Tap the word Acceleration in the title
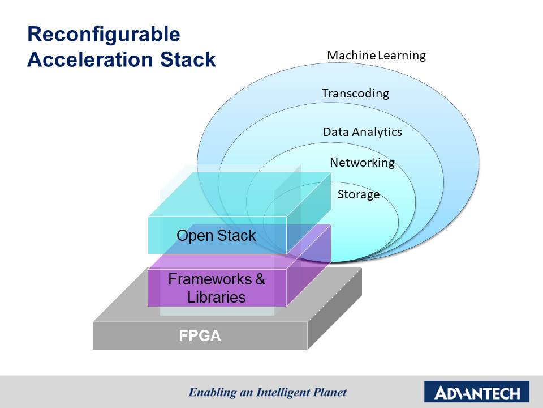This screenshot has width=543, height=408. coord(90,59)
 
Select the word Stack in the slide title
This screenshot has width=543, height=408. coord(188,59)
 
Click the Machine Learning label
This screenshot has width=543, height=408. coord(377,56)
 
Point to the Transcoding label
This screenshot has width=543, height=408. coord(355,93)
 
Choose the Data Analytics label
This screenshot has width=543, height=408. coord(363,132)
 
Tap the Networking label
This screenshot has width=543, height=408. coord(362,163)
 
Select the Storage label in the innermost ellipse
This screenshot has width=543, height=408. coord(359,194)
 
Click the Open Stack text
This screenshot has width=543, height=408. coord(216,236)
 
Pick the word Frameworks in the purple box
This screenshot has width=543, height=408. coord(210,279)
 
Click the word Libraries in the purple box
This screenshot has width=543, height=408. coord(217,297)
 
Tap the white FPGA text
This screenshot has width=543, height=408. coord(200,336)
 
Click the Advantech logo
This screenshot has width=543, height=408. coord(477,392)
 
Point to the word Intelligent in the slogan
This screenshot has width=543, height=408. coord(283,392)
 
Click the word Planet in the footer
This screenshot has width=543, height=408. coord(330,392)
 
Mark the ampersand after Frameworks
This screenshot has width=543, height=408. coord(260,279)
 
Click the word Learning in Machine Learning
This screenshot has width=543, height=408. coord(402,56)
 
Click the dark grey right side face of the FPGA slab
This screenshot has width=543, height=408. coord(335,309)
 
